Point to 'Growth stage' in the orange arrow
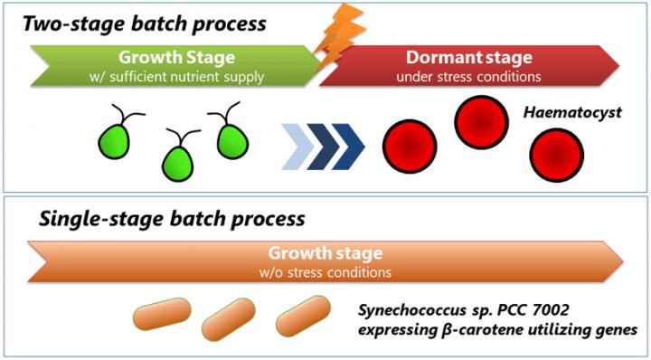point(325,253)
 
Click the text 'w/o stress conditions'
point(325,270)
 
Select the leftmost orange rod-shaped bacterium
point(162,317)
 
